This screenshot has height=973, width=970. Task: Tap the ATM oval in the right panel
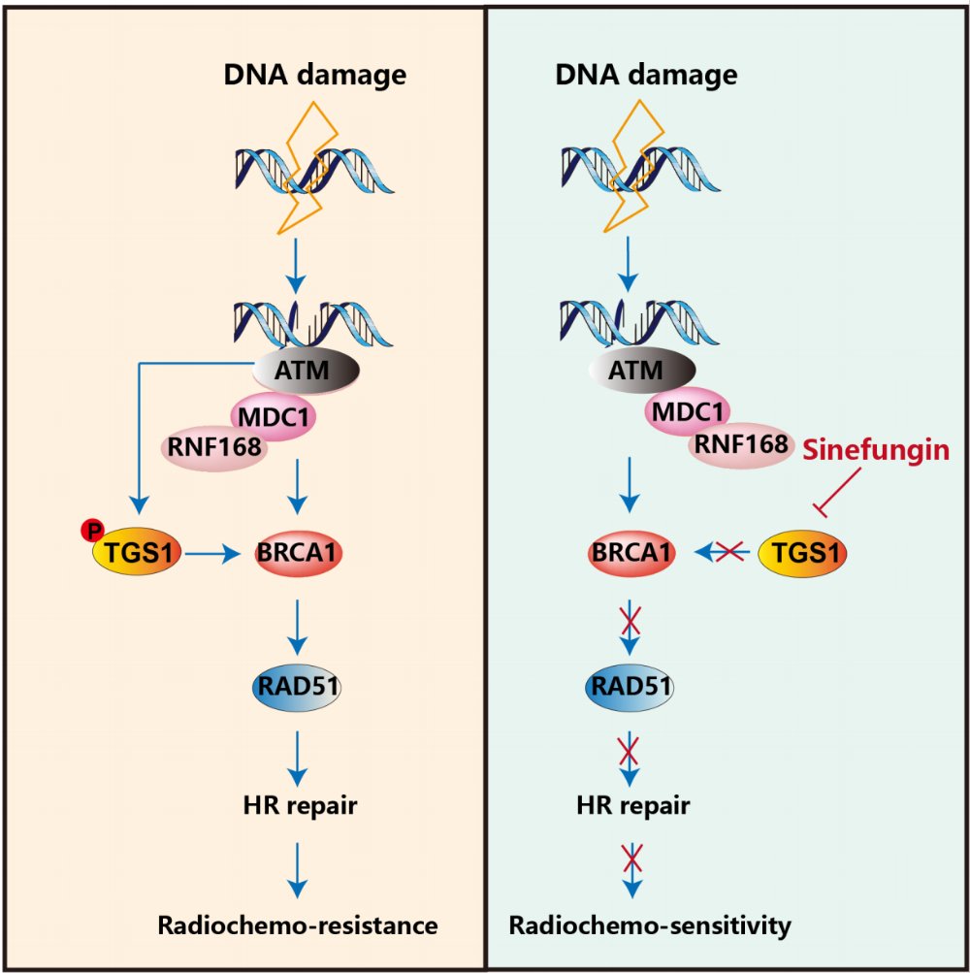click(x=641, y=369)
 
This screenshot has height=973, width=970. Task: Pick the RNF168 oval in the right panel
click(x=741, y=444)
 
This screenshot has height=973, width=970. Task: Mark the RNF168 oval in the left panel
click(x=213, y=449)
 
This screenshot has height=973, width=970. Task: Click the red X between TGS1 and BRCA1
click(x=728, y=553)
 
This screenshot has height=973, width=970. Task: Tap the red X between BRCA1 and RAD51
click(x=631, y=618)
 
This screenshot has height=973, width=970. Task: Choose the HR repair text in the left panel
click(x=297, y=804)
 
